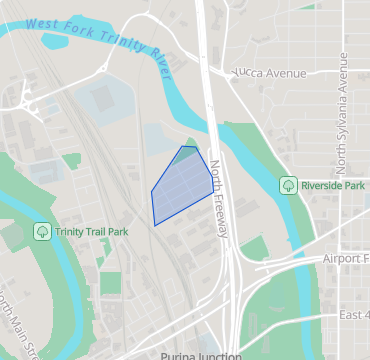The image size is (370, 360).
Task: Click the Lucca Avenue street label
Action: click(x=270, y=73)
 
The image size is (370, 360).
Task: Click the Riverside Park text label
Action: click(x=333, y=185)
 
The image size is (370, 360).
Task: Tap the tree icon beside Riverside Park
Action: click(x=288, y=185)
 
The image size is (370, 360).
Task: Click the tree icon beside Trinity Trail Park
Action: click(x=42, y=231)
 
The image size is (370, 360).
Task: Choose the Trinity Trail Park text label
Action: click(x=91, y=232)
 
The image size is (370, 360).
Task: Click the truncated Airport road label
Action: click(x=345, y=258)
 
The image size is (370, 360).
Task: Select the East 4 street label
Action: click(x=353, y=315)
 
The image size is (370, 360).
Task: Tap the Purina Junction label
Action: click(x=201, y=355)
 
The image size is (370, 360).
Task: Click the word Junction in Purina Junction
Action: click(x=219, y=355)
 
